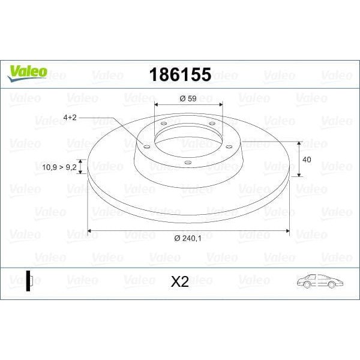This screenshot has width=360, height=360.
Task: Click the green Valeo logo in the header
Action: coord(26,72)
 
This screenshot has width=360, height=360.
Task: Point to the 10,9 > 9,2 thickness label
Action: coord(59,167)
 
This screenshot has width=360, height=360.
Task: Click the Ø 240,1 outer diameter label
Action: coord(188,238)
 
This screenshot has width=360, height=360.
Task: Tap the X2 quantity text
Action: coord(180,281)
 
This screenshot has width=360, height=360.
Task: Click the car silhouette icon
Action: coord(319,281)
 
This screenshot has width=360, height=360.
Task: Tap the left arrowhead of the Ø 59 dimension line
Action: coord(157,106)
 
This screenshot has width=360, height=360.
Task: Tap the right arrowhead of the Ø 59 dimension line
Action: coord(221,106)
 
